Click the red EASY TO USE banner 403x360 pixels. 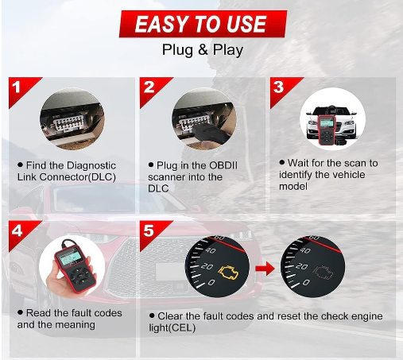(x=203, y=24)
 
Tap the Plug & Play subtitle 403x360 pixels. (x=203, y=50)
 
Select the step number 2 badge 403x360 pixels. (x=150, y=88)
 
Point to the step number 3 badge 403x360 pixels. (x=280, y=88)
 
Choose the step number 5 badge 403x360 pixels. (x=149, y=231)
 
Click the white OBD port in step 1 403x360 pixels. (x=68, y=122)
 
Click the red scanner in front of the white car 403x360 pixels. (x=327, y=130)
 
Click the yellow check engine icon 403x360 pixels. (x=228, y=273)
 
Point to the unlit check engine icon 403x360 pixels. (x=324, y=273)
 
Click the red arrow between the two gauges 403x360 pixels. (x=265, y=269)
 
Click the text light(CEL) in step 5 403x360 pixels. (x=172, y=328)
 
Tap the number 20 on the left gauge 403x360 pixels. (x=207, y=266)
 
